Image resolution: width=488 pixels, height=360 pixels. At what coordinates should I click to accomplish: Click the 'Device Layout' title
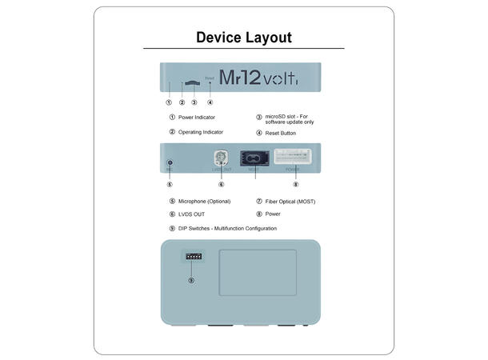click(244, 38)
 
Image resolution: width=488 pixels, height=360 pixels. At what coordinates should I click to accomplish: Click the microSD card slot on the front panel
click(193, 83)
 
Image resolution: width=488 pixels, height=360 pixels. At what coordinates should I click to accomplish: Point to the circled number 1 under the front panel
click(169, 102)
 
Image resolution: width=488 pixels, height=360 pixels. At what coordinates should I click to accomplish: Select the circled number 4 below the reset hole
click(210, 102)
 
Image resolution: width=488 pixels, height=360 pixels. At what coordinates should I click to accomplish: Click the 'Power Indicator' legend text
click(197, 118)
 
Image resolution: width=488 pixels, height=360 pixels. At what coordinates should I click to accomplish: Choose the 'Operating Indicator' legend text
click(201, 132)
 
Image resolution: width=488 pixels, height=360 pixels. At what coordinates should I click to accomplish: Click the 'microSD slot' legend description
click(290, 120)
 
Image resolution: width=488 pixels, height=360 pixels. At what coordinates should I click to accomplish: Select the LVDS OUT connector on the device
click(221, 158)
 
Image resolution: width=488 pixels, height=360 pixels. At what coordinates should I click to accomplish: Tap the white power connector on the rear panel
click(295, 157)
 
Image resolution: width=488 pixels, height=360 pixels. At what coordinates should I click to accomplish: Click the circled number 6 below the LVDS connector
click(221, 185)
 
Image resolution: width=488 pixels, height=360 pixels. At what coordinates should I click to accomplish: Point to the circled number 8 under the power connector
click(295, 185)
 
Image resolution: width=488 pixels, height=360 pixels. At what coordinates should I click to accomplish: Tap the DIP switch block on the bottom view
click(192, 257)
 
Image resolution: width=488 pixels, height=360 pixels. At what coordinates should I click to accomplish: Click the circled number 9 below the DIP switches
click(191, 280)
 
